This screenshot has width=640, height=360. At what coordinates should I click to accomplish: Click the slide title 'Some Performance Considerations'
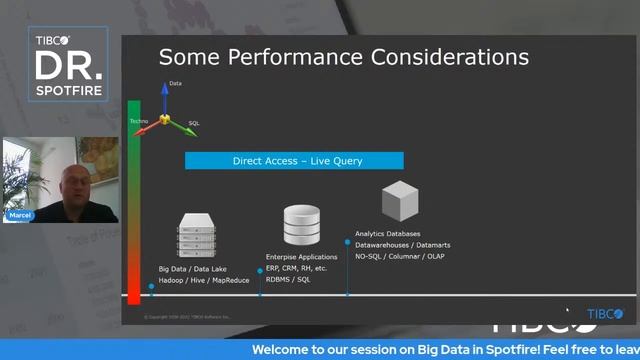tap(343, 57)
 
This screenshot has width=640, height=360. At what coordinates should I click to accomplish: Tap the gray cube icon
tap(399, 201)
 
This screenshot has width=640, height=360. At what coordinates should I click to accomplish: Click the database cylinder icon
tap(301, 225)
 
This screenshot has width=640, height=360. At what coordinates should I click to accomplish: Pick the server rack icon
tap(197, 236)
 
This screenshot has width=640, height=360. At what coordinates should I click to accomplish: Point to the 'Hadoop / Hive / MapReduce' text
tap(204, 280)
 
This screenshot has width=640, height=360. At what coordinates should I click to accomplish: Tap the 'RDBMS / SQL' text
tap(288, 280)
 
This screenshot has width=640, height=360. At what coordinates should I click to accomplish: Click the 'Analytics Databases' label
tap(387, 233)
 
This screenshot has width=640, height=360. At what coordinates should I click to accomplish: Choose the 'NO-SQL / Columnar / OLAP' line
tap(399, 256)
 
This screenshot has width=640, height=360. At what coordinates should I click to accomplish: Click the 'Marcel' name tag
tap(21, 215)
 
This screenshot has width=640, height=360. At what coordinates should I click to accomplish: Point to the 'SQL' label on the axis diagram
tap(194, 123)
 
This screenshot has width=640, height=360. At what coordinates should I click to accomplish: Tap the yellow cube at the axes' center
tap(165, 119)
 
